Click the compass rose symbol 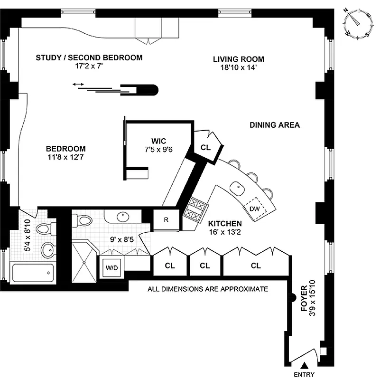[359, 25]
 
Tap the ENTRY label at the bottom [304, 374]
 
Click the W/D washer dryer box [112, 267]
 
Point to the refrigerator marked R [166, 220]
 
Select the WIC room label [158, 141]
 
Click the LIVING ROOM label [238, 59]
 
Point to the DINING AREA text [275, 125]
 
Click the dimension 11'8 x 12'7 [66, 156]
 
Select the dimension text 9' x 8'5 [121, 239]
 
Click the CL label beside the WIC [205, 148]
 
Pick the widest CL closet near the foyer [256, 266]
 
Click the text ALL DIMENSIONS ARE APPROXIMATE [208, 288]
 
